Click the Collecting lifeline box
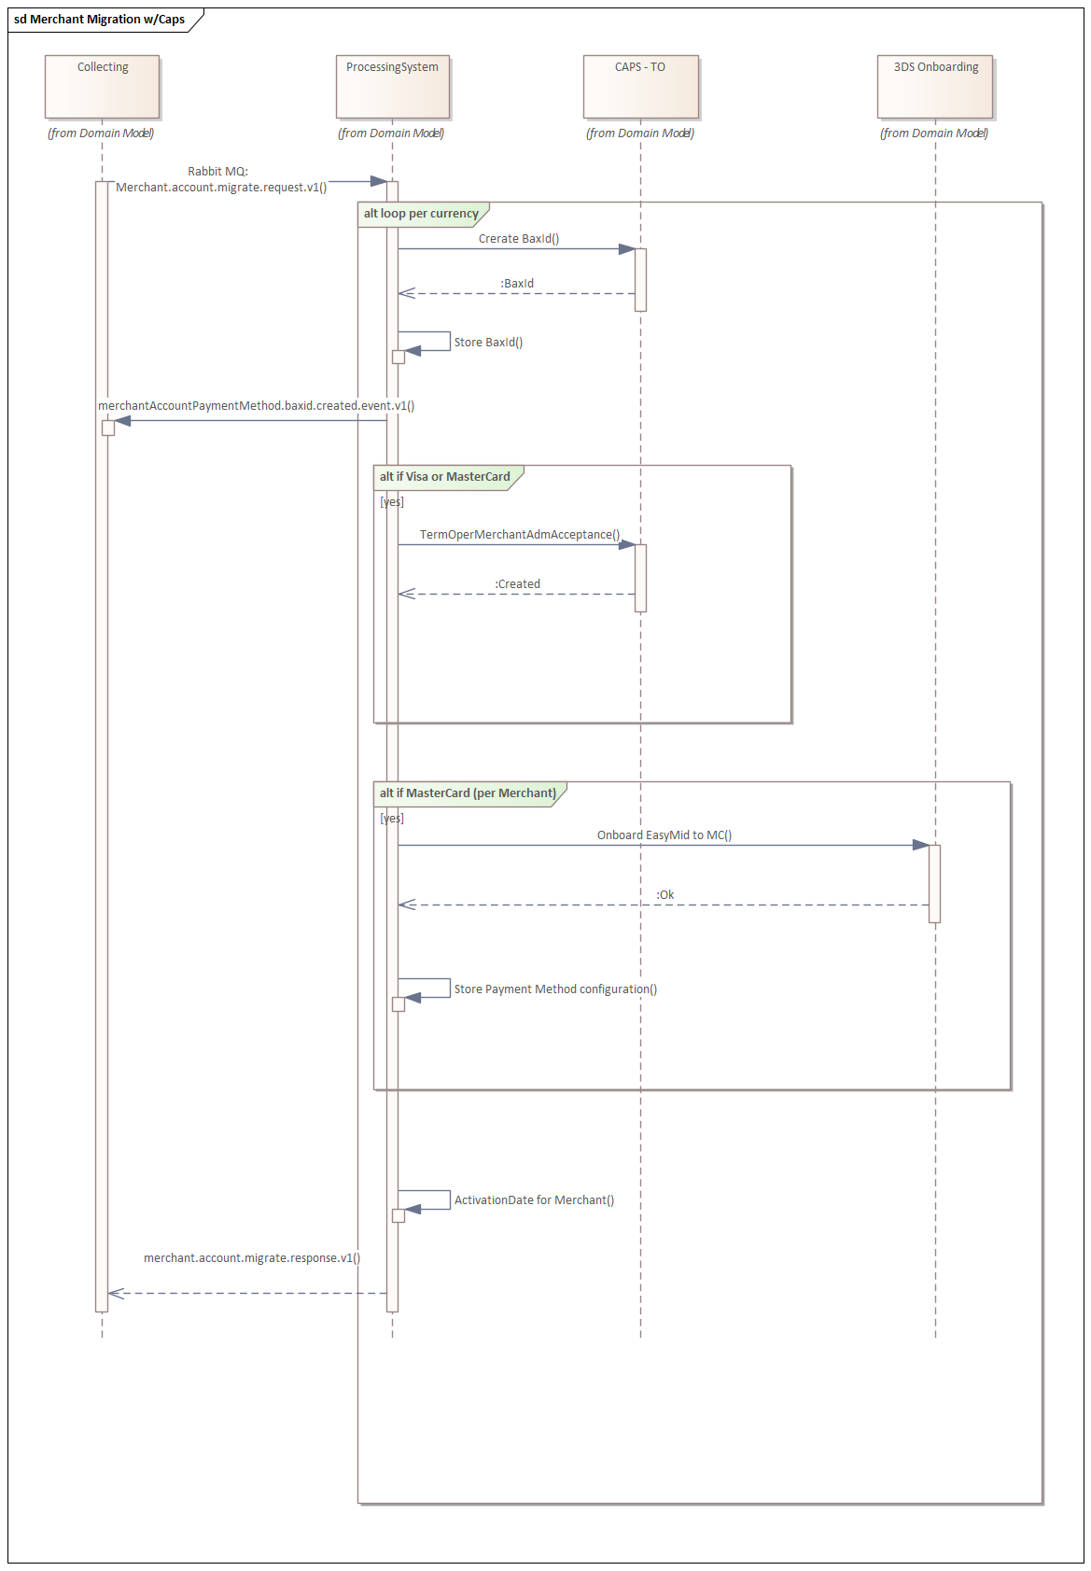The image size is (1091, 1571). [x=103, y=87]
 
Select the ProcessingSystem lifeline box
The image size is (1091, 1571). [x=393, y=87]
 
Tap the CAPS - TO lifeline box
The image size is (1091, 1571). [x=641, y=87]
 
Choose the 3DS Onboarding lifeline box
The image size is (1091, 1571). [x=935, y=87]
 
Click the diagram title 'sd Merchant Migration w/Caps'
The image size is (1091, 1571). [x=100, y=19]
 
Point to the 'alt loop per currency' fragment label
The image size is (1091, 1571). [x=421, y=213]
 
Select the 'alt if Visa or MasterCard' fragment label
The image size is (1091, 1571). [x=444, y=476]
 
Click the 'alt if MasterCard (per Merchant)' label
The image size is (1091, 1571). [x=468, y=793]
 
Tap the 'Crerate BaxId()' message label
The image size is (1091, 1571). [x=519, y=238]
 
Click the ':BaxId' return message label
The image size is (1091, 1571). [x=517, y=284]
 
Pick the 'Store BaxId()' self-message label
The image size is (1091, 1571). [x=488, y=343]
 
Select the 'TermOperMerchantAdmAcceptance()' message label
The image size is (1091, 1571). [x=520, y=535]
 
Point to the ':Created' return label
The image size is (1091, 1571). [x=517, y=583]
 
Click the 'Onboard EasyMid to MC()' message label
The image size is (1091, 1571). [x=664, y=835]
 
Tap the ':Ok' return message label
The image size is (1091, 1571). [x=664, y=894]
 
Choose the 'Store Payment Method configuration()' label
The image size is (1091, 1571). [x=555, y=989]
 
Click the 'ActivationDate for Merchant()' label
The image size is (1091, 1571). [x=534, y=1200]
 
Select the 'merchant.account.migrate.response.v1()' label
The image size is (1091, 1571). [x=252, y=1257]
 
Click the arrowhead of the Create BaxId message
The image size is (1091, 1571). [x=627, y=249]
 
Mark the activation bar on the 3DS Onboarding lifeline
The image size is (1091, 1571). [x=934, y=884]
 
